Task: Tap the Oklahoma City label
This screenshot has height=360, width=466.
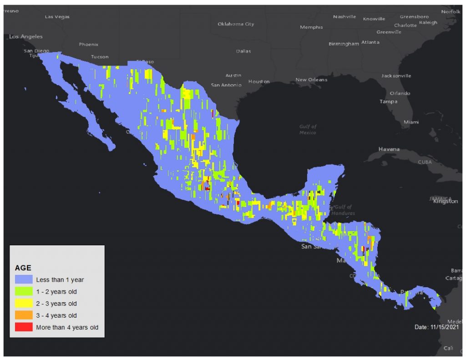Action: coord(236,24)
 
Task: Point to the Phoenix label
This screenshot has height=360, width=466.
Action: coord(88,45)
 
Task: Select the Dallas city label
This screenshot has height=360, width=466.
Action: coord(243,51)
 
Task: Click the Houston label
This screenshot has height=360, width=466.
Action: coord(259,81)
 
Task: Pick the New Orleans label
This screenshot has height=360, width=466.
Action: coord(311,80)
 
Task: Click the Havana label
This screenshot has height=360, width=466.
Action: coord(389,149)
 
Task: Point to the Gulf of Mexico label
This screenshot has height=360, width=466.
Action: coord(308,129)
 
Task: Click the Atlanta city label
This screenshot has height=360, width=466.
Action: coord(370,42)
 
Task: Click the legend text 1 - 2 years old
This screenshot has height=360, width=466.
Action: coord(56,292)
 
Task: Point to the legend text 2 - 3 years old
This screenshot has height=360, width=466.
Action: coord(56,304)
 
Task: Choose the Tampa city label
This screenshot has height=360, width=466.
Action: coord(388,101)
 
